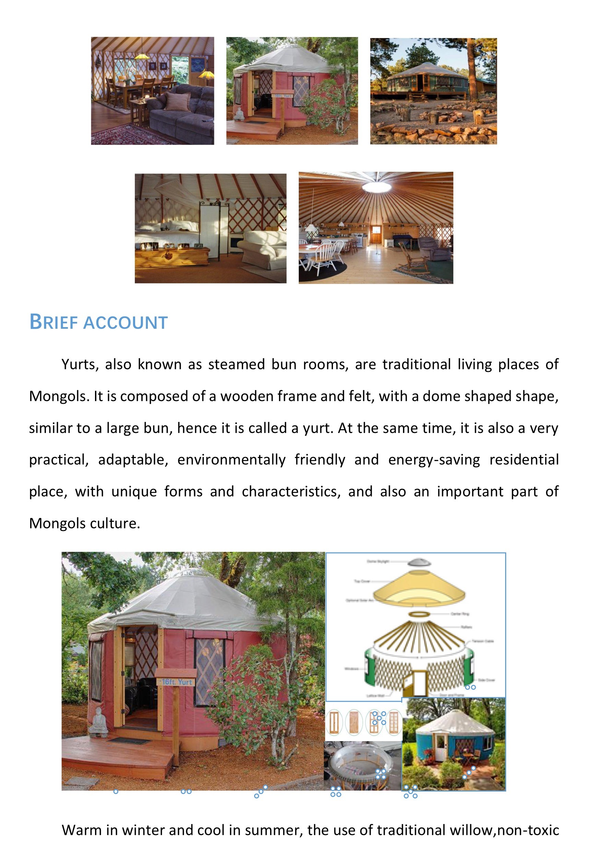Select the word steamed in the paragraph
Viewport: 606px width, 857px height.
click(236, 364)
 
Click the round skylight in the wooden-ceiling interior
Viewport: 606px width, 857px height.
click(376, 186)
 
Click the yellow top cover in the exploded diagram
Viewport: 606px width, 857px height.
click(419, 591)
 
